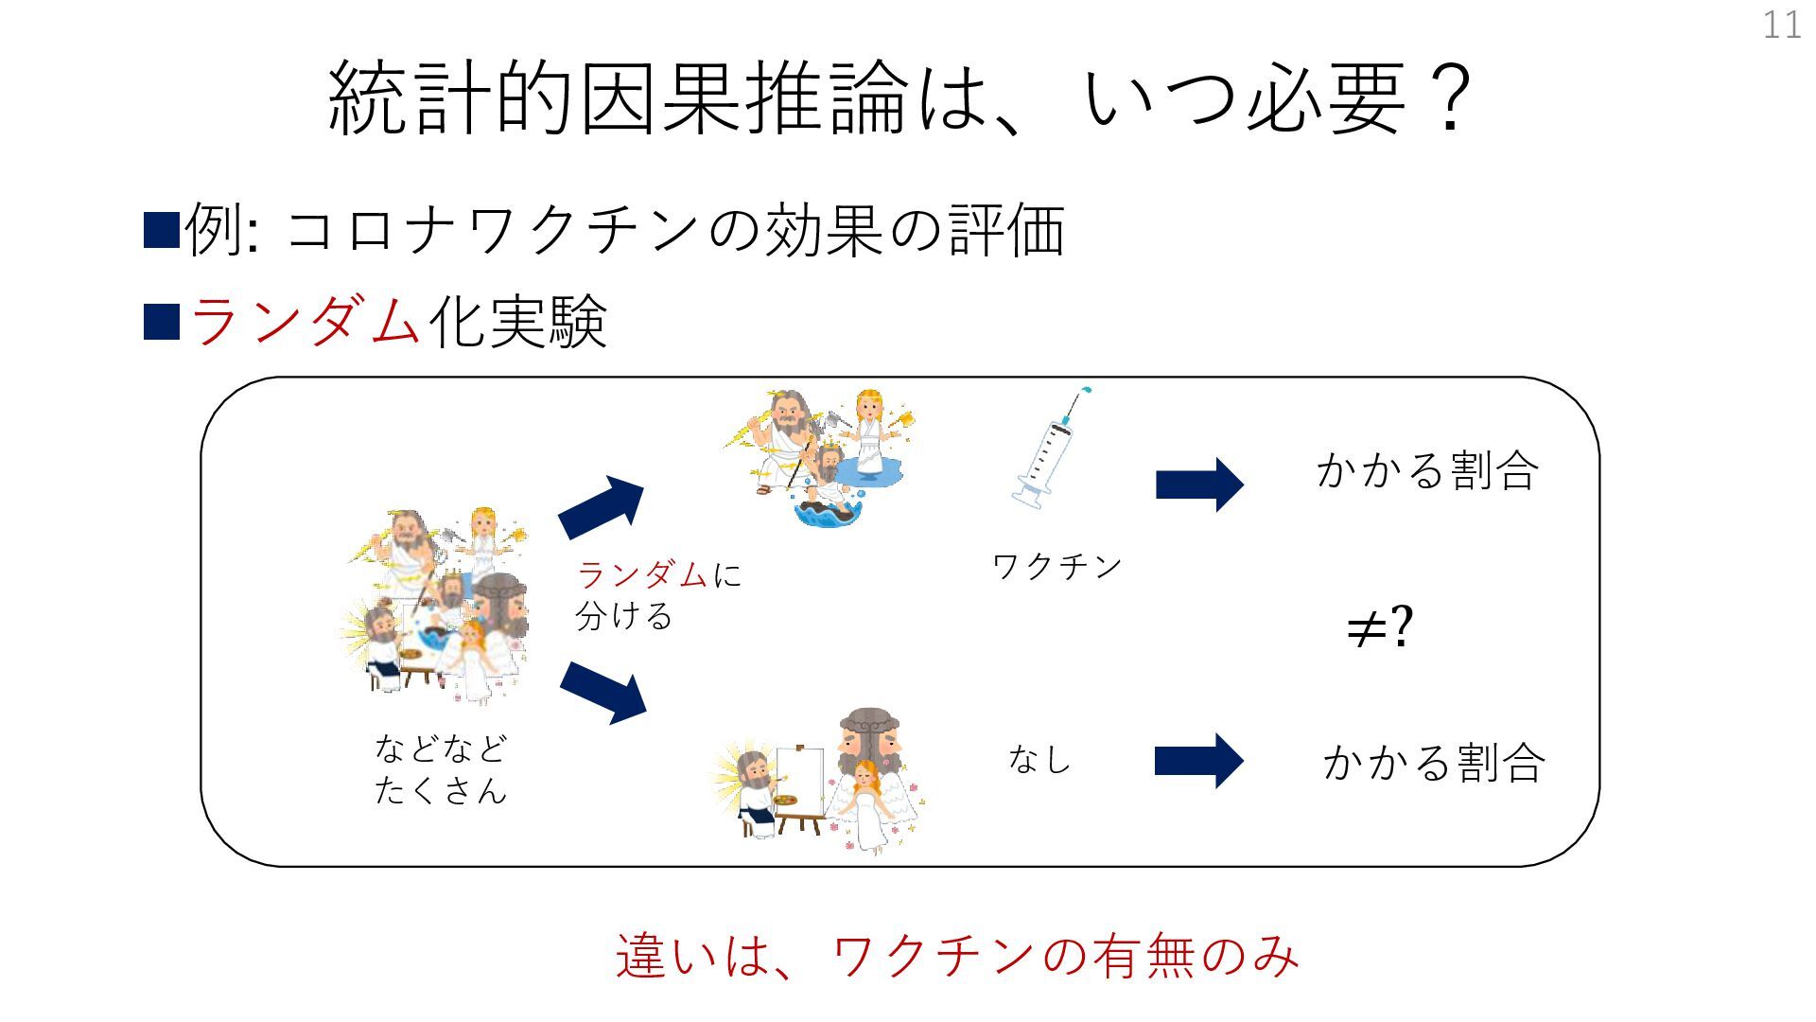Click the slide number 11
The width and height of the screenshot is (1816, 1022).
[x=1781, y=25]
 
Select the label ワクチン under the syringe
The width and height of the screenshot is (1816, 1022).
[x=1056, y=567]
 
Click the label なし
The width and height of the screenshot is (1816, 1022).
[x=1039, y=759]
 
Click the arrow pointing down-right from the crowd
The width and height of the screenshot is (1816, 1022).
[x=603, y=693]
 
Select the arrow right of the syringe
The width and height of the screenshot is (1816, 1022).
[x=1199, y=485]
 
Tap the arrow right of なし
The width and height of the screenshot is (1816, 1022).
[x=1198, y=761]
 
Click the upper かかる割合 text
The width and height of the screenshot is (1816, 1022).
[x=1427, y=470]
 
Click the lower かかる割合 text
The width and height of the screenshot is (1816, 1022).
[x=1434, y=763]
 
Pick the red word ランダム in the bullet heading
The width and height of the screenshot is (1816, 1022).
[x=305, y=320]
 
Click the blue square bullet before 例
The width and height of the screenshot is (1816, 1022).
[x=161, y=230]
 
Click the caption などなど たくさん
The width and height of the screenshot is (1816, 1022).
[x=441, y=768]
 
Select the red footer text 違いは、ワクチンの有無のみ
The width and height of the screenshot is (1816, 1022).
[x=957, y=955]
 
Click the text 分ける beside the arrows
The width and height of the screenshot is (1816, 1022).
[x=624, y=616]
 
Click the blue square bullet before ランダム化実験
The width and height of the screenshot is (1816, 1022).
[x=161, y=321]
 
